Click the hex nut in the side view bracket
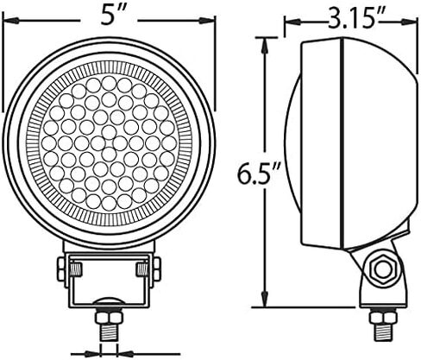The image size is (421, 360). tap(382, 269)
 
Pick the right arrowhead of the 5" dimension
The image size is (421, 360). tap(207, 21)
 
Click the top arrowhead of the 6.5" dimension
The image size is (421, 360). tap(265, 45)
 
